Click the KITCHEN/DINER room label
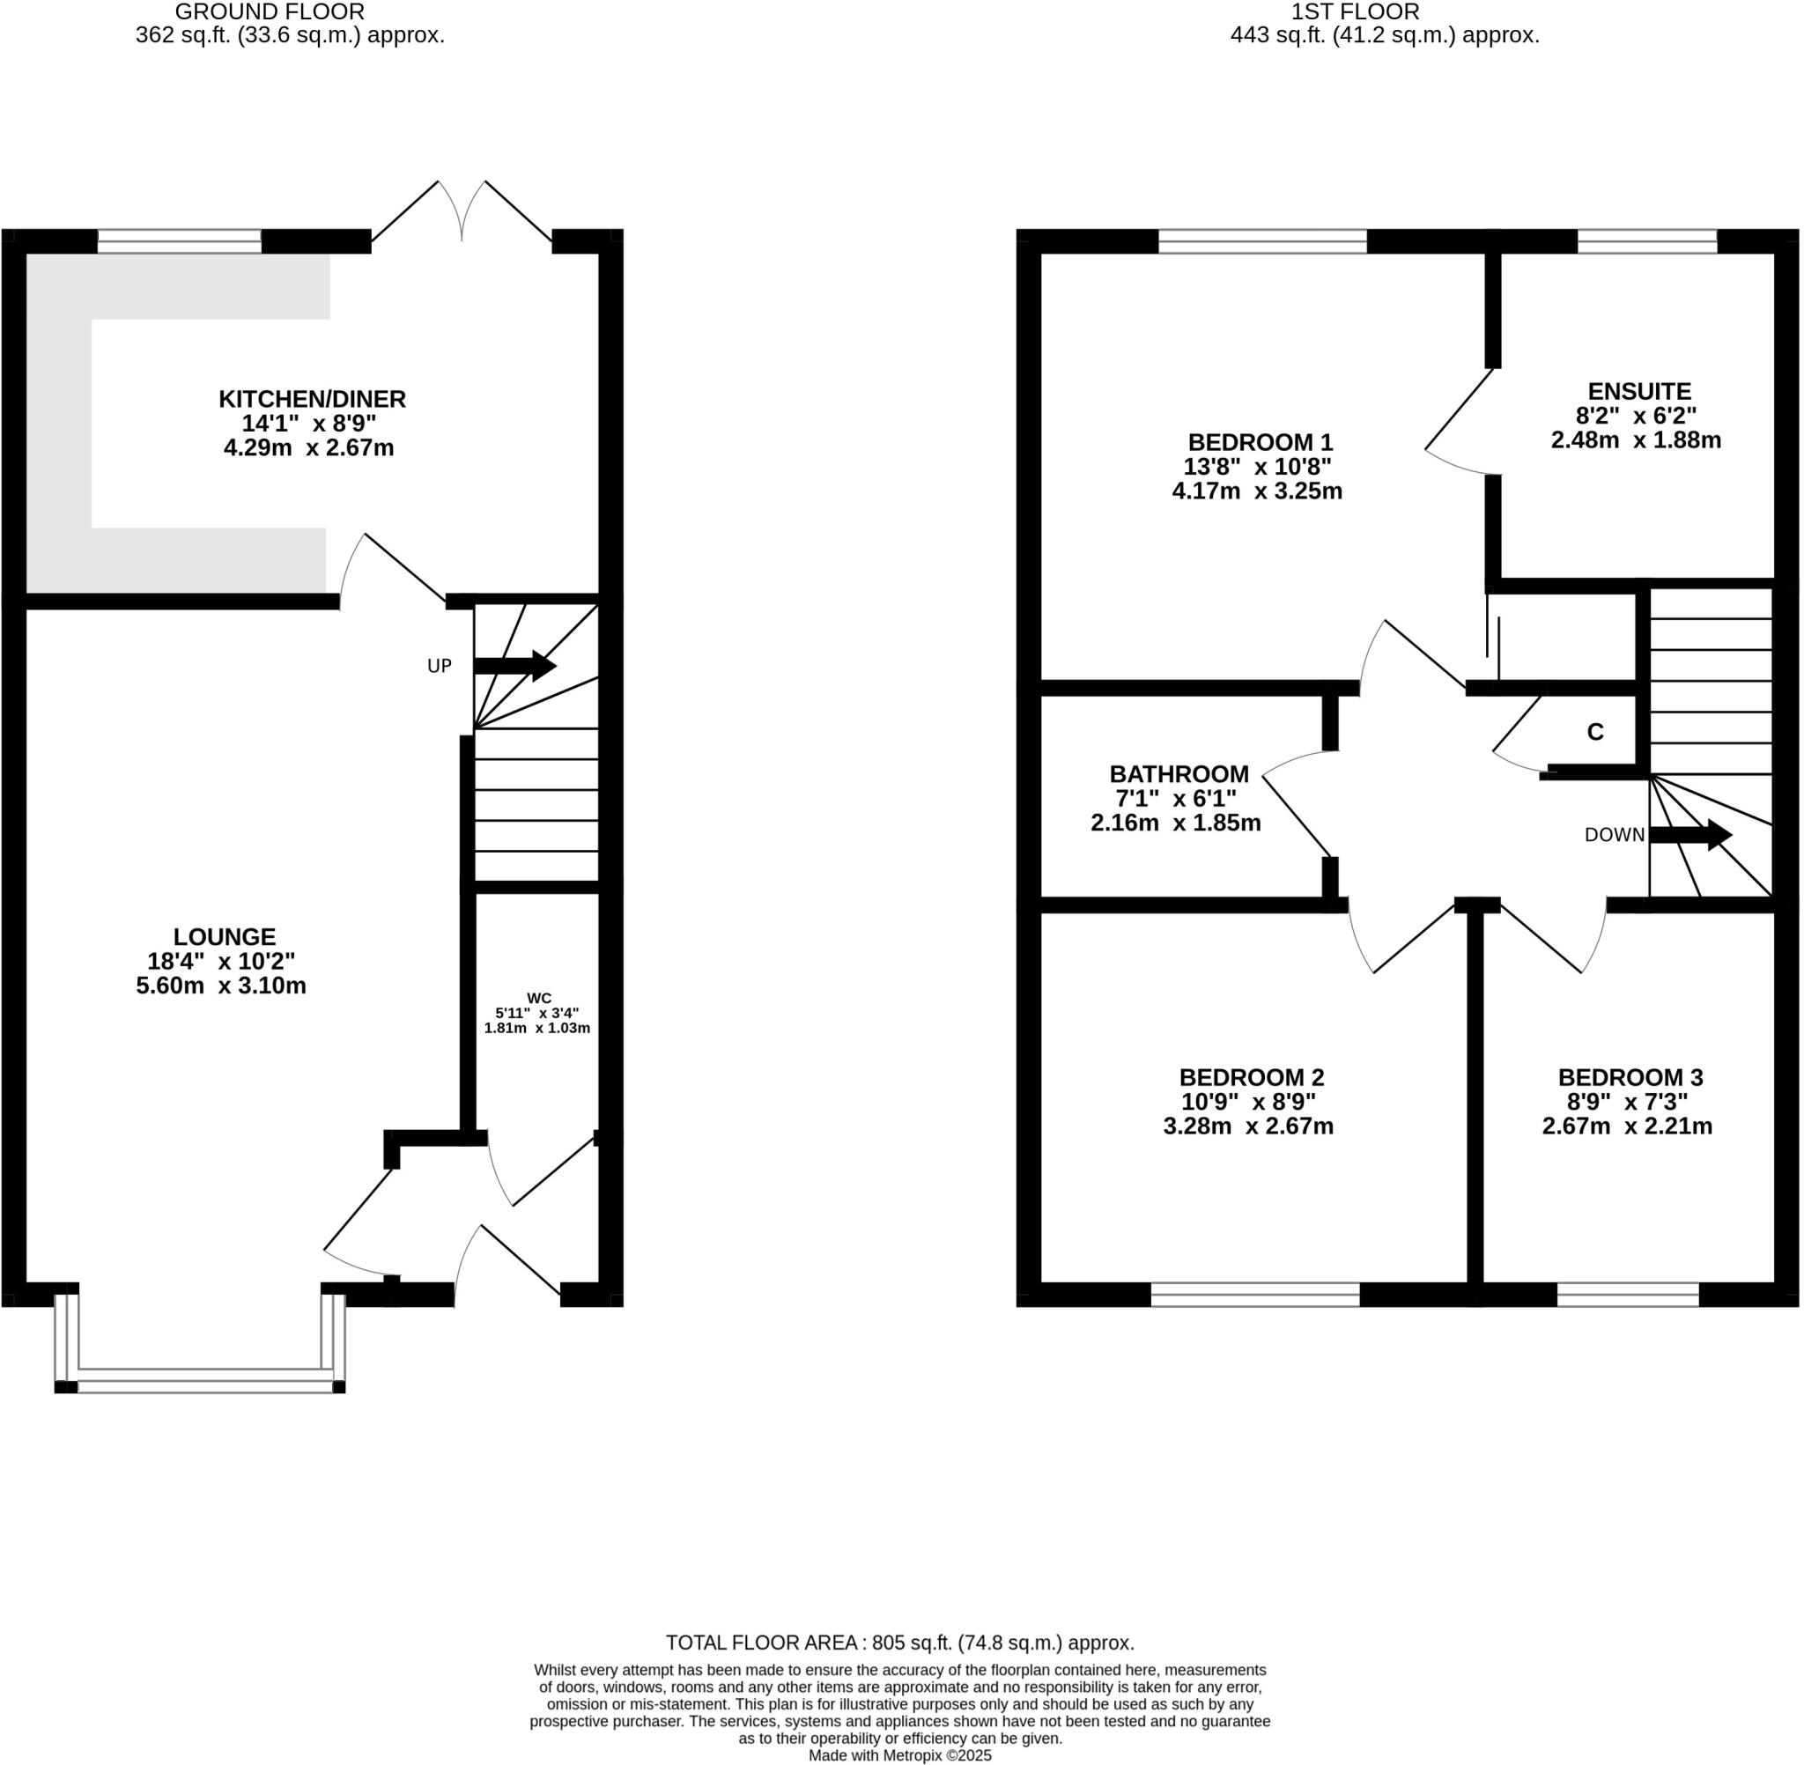click(x=312, y=400)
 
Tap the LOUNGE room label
click(x=225, y=937)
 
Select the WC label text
click(x=538, y=999)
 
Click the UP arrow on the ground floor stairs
click(x=514, y=666)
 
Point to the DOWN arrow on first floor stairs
click(x=1690, y=835)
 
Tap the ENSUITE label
click(x=1638, y=391)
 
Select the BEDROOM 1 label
click(x=1260, y=442)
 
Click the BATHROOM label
click(x=1179, y=774)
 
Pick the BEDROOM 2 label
click(x=1251, y=1077)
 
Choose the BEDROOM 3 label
click(x=1630, y=1077)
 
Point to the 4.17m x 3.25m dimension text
click(x=1256, y=491)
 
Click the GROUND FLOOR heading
click(x=269, y=12)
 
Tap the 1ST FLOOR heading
click(x=1355, y=12)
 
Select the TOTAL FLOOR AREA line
click(x=899, y=1643)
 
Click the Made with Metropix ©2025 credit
click(x=899, y=1755)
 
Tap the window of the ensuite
click(x=1646, y=242)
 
